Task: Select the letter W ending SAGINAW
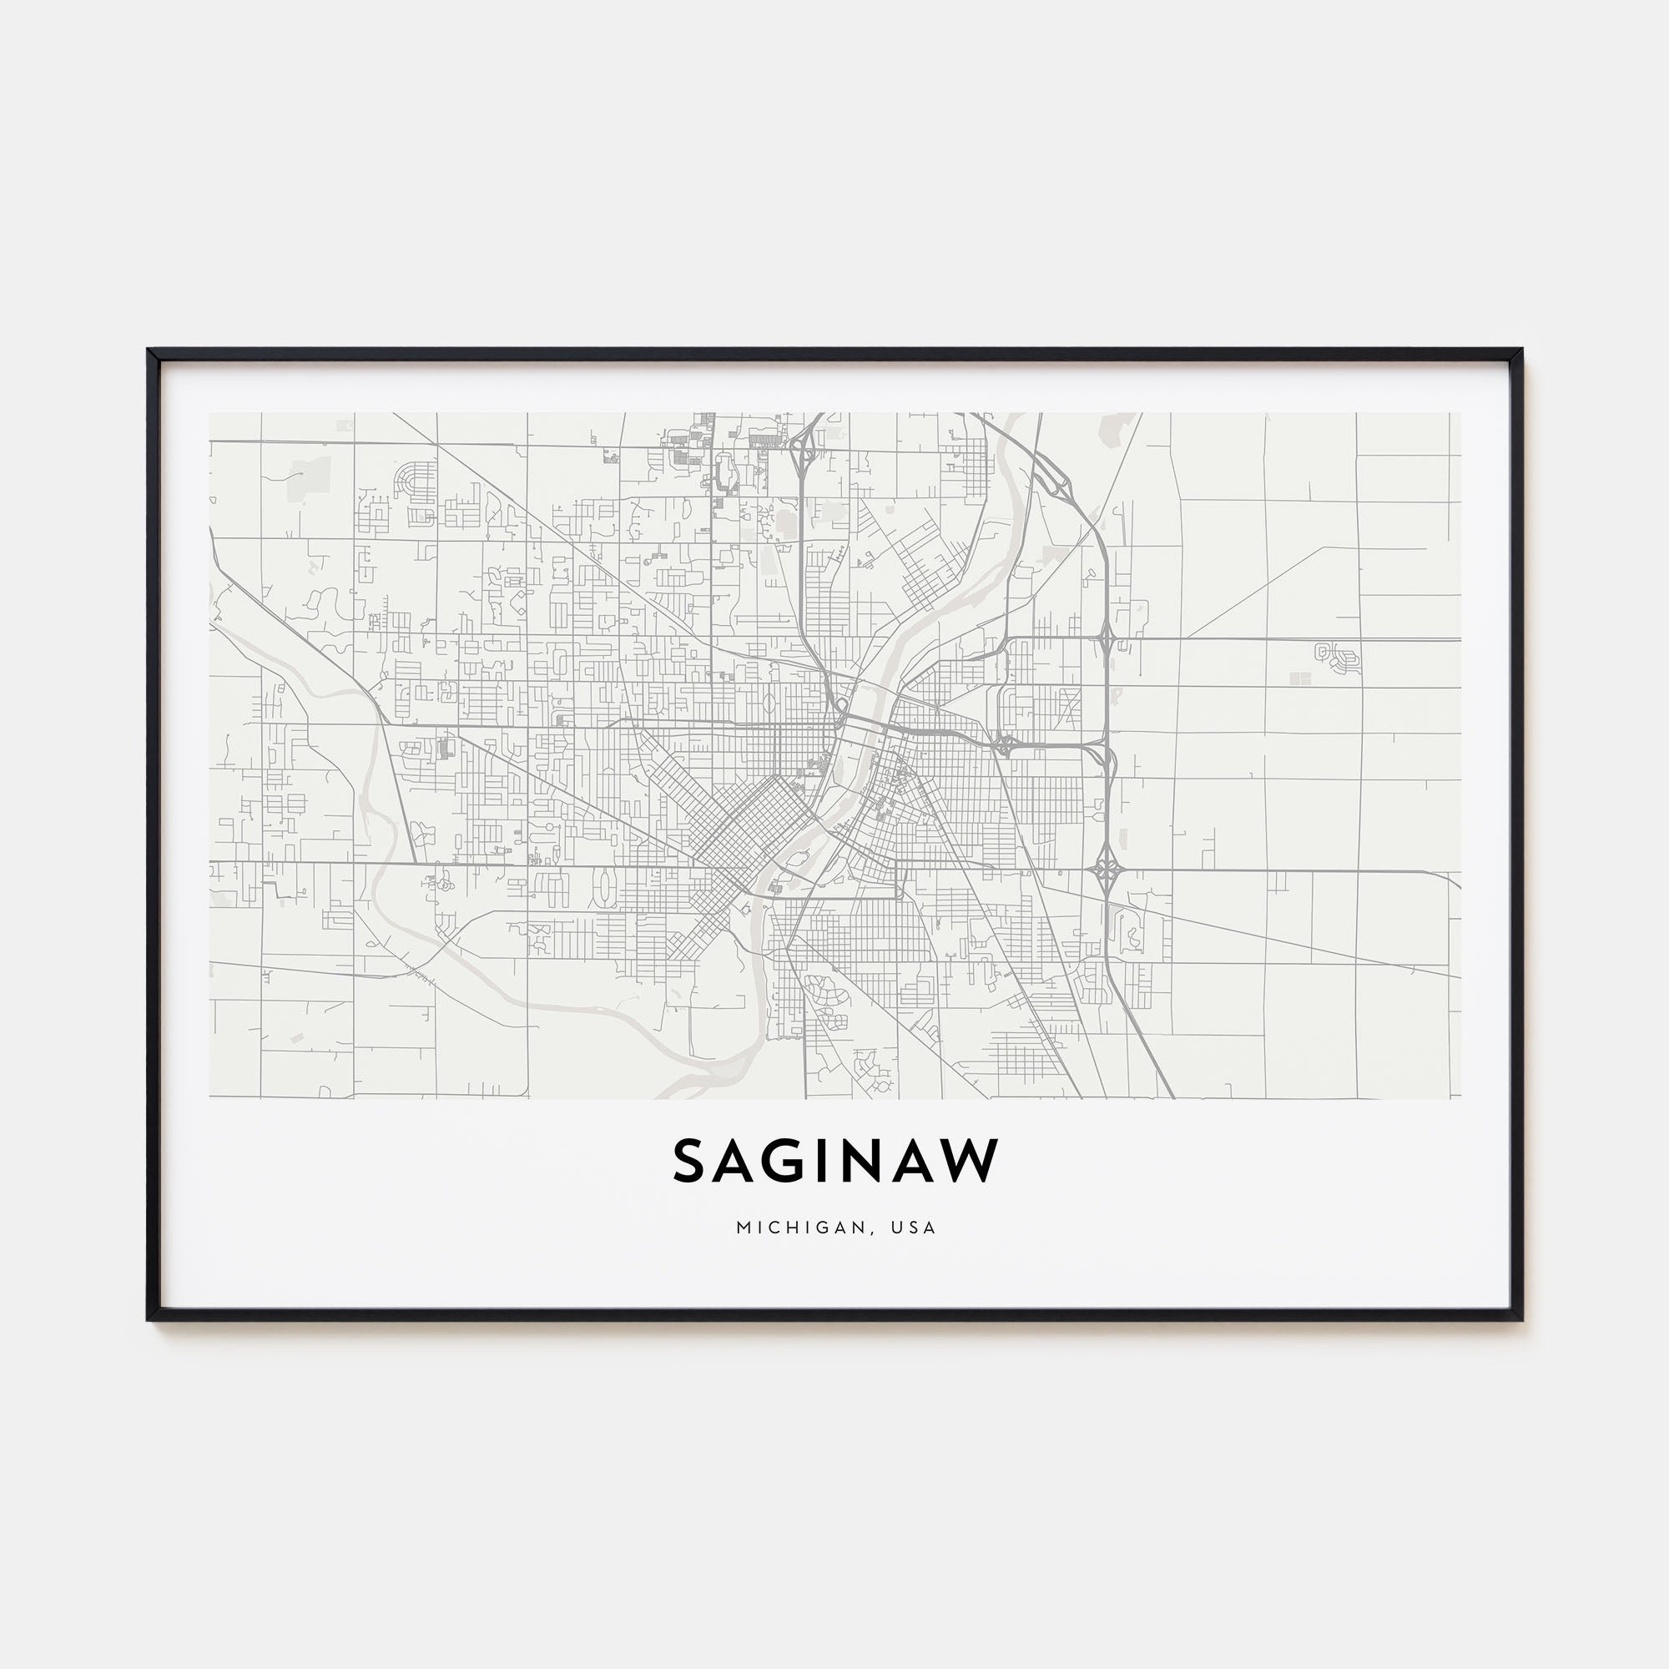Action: [x=968, y=1161]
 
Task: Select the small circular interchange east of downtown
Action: [x=1005, y=744]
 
